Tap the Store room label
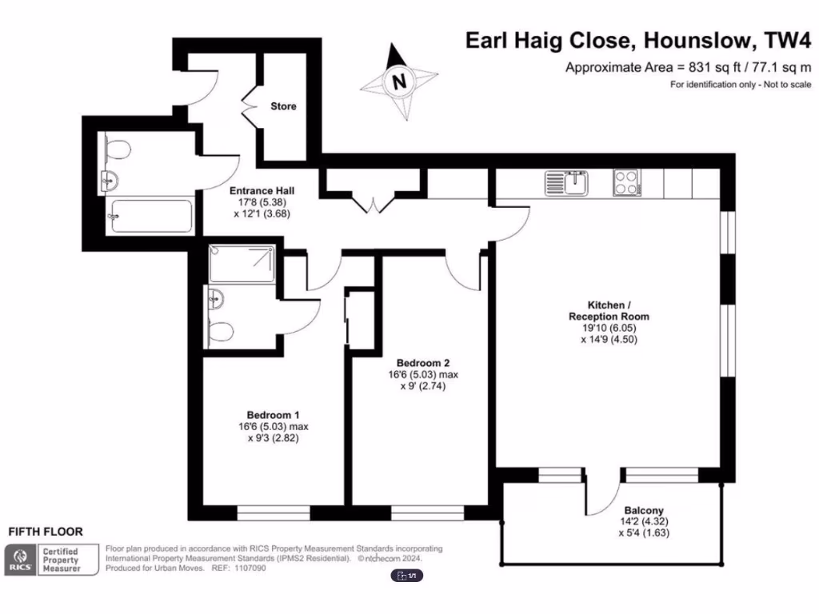(283, 106)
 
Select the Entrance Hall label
(262, 191)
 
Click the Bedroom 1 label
(273, 415)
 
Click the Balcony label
(644, 510)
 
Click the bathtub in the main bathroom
(150, 216)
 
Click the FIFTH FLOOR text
(45, 532)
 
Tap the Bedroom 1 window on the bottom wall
(274, 512)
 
